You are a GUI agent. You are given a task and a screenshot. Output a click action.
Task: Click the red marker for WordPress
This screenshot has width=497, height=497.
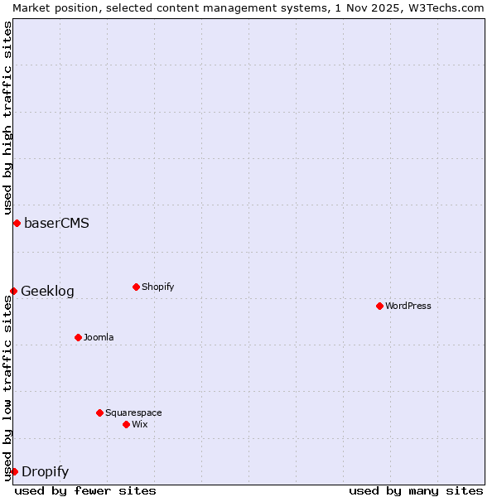[379, 306]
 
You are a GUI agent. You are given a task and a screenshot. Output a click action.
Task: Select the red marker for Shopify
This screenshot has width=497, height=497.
[136, 287]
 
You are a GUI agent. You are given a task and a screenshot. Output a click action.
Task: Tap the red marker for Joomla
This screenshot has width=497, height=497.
[78, 337]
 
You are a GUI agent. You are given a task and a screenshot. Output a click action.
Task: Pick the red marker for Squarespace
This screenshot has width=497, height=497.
[99, 413]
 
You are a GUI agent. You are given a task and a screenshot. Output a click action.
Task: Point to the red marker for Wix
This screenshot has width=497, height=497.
[126, 424]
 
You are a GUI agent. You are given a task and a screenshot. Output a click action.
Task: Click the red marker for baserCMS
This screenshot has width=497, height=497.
[17, 223]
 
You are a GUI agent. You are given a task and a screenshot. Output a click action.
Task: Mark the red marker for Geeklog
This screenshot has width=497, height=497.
[13, 291]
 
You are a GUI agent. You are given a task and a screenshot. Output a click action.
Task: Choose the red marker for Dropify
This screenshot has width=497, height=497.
[14, 471]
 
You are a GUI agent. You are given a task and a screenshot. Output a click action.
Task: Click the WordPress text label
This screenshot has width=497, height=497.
[408, 306]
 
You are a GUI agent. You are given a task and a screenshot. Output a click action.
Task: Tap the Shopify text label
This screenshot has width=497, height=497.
[157, 287]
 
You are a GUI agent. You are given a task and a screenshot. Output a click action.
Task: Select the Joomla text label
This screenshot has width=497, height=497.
[99, 337]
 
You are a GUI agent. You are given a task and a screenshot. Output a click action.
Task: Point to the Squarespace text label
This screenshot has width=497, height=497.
[133, 413]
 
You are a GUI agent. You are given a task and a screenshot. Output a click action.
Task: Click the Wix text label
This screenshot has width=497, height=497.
[139, 424]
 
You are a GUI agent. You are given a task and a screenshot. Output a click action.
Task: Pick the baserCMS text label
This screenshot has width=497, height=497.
[56, 223]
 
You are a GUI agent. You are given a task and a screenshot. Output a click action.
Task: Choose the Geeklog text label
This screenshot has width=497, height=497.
[47, 291]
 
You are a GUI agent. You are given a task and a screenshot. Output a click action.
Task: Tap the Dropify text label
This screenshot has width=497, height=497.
[45, 472]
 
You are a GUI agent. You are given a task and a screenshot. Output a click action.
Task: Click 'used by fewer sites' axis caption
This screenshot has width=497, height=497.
[85, 490]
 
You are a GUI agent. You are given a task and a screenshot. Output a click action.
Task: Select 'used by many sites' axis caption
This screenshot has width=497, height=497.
[416, 490]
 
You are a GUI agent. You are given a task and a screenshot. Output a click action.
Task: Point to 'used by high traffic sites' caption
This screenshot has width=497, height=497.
[7, 118]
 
